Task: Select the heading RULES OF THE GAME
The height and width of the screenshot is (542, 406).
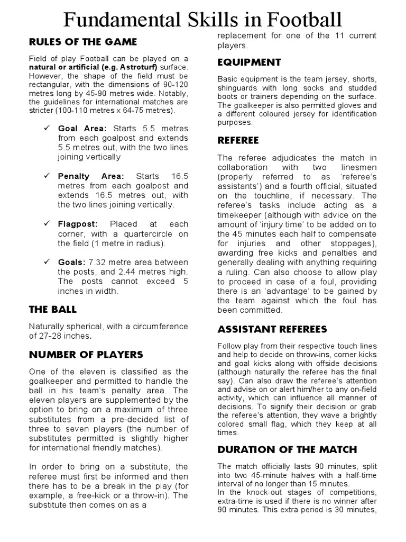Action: (x=83, y=42)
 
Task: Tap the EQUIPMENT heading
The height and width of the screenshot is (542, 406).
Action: (x=249, y=62)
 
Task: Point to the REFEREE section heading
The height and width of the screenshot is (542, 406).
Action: (x=238, y=140)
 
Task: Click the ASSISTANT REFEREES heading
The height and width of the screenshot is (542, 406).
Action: (x=272, y=329)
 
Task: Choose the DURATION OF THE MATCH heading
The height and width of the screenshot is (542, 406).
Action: (x=287, y=449)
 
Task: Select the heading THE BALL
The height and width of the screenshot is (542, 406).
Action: (x=53, y=309)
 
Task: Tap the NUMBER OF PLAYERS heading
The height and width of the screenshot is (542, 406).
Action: (x=86, y=354)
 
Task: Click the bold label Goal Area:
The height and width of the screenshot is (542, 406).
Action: (x=82, y=129)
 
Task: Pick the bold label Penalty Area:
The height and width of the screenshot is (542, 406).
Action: (x=91, y=176)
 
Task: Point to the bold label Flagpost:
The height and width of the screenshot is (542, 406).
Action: (x=78, y=224)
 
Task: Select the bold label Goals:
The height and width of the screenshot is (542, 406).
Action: (x=71, y=262)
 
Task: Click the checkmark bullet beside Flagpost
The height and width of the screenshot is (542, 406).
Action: (x=47, y=224)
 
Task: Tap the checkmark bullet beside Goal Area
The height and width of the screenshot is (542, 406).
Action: (x=47, y=129)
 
